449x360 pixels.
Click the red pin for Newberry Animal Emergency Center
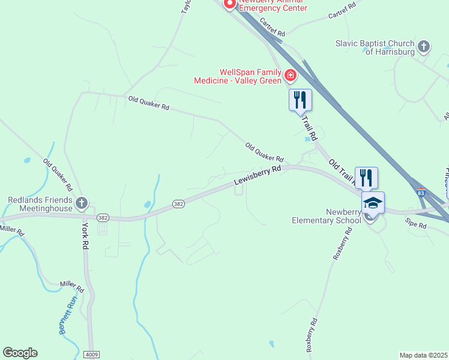229,4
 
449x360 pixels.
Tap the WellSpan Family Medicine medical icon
291,76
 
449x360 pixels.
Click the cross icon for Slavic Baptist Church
424,47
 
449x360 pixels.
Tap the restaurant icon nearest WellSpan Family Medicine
300,100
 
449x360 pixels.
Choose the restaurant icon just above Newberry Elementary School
366,178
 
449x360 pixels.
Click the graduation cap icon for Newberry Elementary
373,203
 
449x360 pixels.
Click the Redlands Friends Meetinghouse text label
40,204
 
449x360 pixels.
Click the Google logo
20,353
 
